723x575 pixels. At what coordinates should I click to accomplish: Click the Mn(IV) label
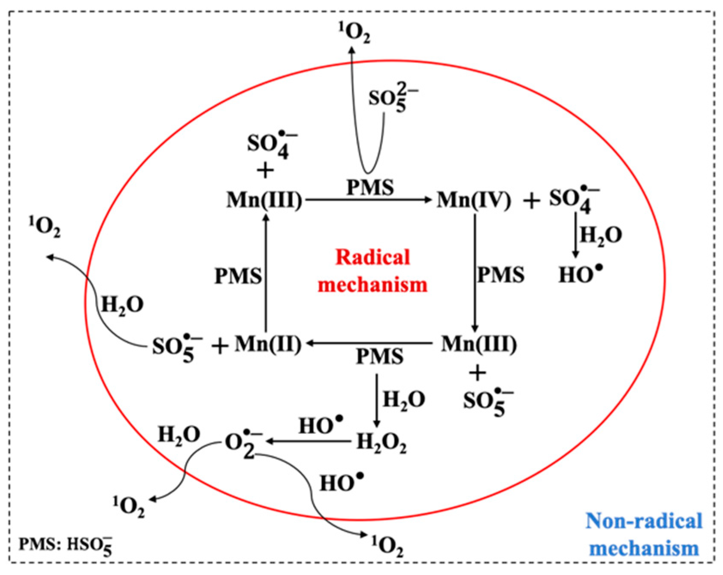pos(474,200)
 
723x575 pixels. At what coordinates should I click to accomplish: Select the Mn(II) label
pos(268,344)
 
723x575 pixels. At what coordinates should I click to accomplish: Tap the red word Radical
pos(372,257)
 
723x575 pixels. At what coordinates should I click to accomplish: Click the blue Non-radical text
pos(644,521)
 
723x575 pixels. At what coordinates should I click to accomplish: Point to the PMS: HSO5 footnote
pos(65,545)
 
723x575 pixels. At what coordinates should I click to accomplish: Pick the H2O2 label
pos(381,442)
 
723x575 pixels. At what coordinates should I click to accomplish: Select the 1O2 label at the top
pos(354,33)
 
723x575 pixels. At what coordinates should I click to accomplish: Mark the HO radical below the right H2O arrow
pos(580,275)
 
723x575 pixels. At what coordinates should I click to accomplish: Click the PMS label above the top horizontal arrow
pos(370,188)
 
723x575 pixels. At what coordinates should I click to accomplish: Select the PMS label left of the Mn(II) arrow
pos(238,276)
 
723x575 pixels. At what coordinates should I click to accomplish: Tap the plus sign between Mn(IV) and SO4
pos(531,201)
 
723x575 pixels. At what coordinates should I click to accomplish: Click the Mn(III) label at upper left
pos(264,200)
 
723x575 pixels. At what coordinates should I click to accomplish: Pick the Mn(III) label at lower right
pos(479,344)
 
